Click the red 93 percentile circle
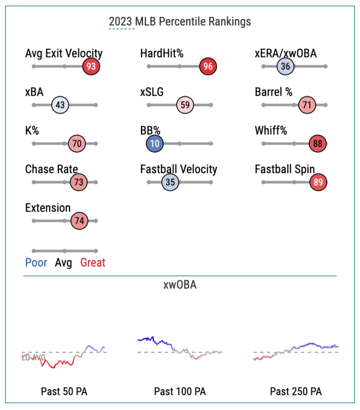(x=91, y=67)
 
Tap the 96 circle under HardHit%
(x=208, y=67)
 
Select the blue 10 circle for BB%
(x=155, y=144)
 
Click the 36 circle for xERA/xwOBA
(x=285, y=67)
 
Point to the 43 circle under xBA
(x=60, y=105)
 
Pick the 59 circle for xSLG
(x=185, y=105)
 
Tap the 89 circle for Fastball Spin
(x=318, y=183)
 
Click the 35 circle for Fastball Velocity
(x=170, y=183)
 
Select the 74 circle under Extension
(x=79, y=221)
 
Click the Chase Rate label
(x=51, y=169)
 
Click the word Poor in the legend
(x=36, y=263)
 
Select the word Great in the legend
(x=93, y=263)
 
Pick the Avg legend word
(x=63, y=263)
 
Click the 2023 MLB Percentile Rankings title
(x=180, y=22)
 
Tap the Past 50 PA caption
(x=64, y=391)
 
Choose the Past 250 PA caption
(x=296, y=391)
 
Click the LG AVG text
(x=33, y=358)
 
